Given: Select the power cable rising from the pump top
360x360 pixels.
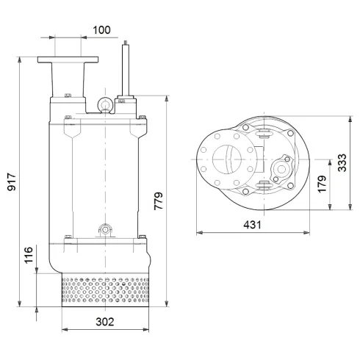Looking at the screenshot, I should (126, 70).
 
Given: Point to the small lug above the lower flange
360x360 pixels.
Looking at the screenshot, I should (104, 230).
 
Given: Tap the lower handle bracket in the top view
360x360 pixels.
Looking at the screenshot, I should (262, 190).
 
